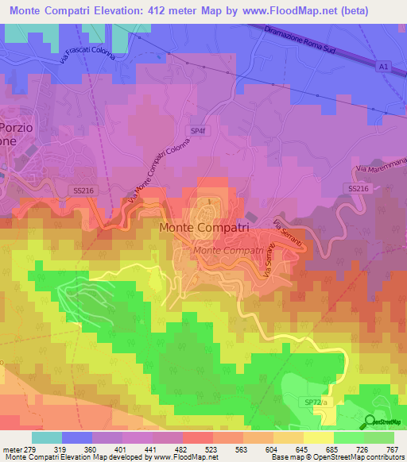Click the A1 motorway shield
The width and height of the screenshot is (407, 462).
383,68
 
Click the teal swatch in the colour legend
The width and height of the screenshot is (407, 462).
46,437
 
